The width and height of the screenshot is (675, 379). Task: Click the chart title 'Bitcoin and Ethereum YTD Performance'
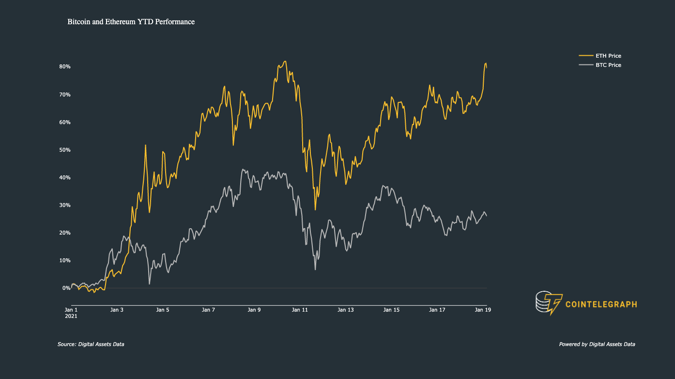click(x=131, y=22)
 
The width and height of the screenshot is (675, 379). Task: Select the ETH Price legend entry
click(x=600, y=56)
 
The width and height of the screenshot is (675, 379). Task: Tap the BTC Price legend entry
click(x=600, y=65)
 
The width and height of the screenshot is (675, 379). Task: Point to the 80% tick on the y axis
click(x=65, y=66)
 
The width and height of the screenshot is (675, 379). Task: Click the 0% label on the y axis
click(x=66, y=288)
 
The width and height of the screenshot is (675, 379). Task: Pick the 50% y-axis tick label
click(x=65, y=150)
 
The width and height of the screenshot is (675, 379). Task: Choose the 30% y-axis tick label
click(x=65, y=205)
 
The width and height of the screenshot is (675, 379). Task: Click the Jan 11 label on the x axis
click(x=300, y=310)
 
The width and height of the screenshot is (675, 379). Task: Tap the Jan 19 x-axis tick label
click(x=483, y=310)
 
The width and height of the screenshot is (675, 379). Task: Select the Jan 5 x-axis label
click(x=163, y=310)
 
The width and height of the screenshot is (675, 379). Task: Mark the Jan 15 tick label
click(x=391, y=310)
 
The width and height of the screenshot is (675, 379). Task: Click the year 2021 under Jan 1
click(x=71, y=316)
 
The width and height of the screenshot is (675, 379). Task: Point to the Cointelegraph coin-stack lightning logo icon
click(x=549, y=303)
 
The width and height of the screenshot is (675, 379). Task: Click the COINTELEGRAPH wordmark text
click(x=601, y=304)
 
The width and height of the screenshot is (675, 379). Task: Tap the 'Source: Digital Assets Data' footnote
click(x=91, y=344)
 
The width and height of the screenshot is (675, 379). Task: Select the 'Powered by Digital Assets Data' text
click(x=597, y=344)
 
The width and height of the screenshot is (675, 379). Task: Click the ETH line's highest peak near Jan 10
click(x=285, y=61)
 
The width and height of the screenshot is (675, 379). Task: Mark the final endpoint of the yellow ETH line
click(x=487, y=68)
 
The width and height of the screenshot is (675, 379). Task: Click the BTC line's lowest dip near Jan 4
click(x=149, y=284)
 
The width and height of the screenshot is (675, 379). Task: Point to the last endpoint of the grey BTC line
click(x=487, y=216)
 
